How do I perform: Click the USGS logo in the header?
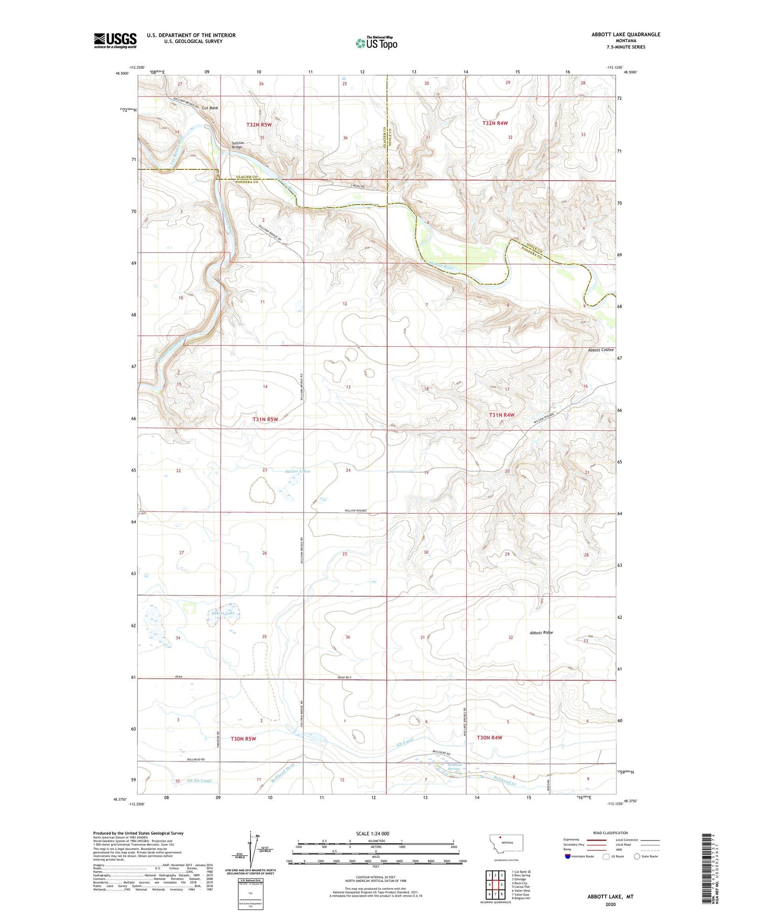(x=115, y=40)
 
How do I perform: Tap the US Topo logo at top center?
(x=376, y=43)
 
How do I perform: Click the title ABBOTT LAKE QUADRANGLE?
(x=626, y=35)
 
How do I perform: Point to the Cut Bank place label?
(x=210, y=108)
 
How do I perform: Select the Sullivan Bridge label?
(x=237, y=145)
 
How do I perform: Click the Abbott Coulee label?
(x=600, y=350)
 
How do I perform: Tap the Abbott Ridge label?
(x=541, y=633)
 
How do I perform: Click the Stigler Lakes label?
(x=298, y=471)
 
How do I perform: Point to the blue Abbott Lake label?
(x=222, y=613)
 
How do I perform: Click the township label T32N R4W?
(x=495, y=123)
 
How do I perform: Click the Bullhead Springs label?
(x=454, y=767)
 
